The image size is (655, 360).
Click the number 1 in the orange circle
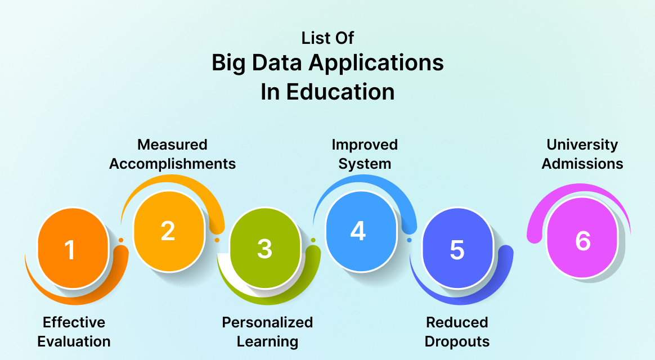point(70,250)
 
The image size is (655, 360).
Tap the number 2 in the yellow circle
point(168,231)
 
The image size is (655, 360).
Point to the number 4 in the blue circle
point(358,231)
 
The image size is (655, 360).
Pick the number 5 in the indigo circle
point(457,250)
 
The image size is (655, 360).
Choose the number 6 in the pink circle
point(583,241)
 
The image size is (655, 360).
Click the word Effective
point(74,322)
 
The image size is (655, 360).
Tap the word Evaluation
point(74,341)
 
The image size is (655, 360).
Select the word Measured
point(172,145)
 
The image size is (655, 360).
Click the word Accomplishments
point(172,164)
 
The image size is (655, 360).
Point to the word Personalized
point(267,322)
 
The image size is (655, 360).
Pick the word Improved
point(365,145)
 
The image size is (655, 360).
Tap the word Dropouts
point(457,341)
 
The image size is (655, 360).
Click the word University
point(582,145)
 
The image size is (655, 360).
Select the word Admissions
point(585,164)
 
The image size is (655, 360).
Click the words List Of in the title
point(327,38)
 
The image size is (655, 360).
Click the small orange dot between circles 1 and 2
point(120,240)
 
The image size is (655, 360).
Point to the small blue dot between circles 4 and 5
point(409,240)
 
